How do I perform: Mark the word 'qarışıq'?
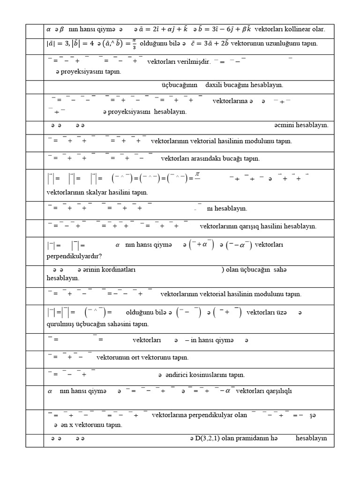click(x=256, y=226)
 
